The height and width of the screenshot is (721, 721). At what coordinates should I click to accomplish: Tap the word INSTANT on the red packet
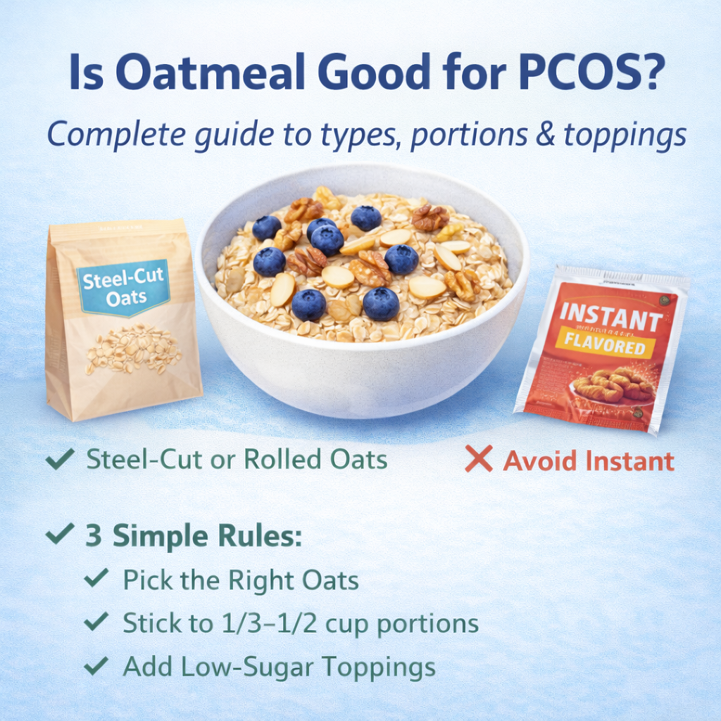coord(610,318)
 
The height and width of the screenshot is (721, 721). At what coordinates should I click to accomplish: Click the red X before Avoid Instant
coord(479,460)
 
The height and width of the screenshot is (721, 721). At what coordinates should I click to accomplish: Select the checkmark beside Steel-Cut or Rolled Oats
coord(60,460)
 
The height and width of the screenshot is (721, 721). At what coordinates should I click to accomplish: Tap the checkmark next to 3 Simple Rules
coord(60,534)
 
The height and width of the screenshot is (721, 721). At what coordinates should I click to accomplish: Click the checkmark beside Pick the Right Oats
coord(96,579)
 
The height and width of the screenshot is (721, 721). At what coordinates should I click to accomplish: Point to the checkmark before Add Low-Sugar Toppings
coord(96,665)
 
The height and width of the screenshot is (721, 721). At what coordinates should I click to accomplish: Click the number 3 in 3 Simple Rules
coord(94,536)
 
